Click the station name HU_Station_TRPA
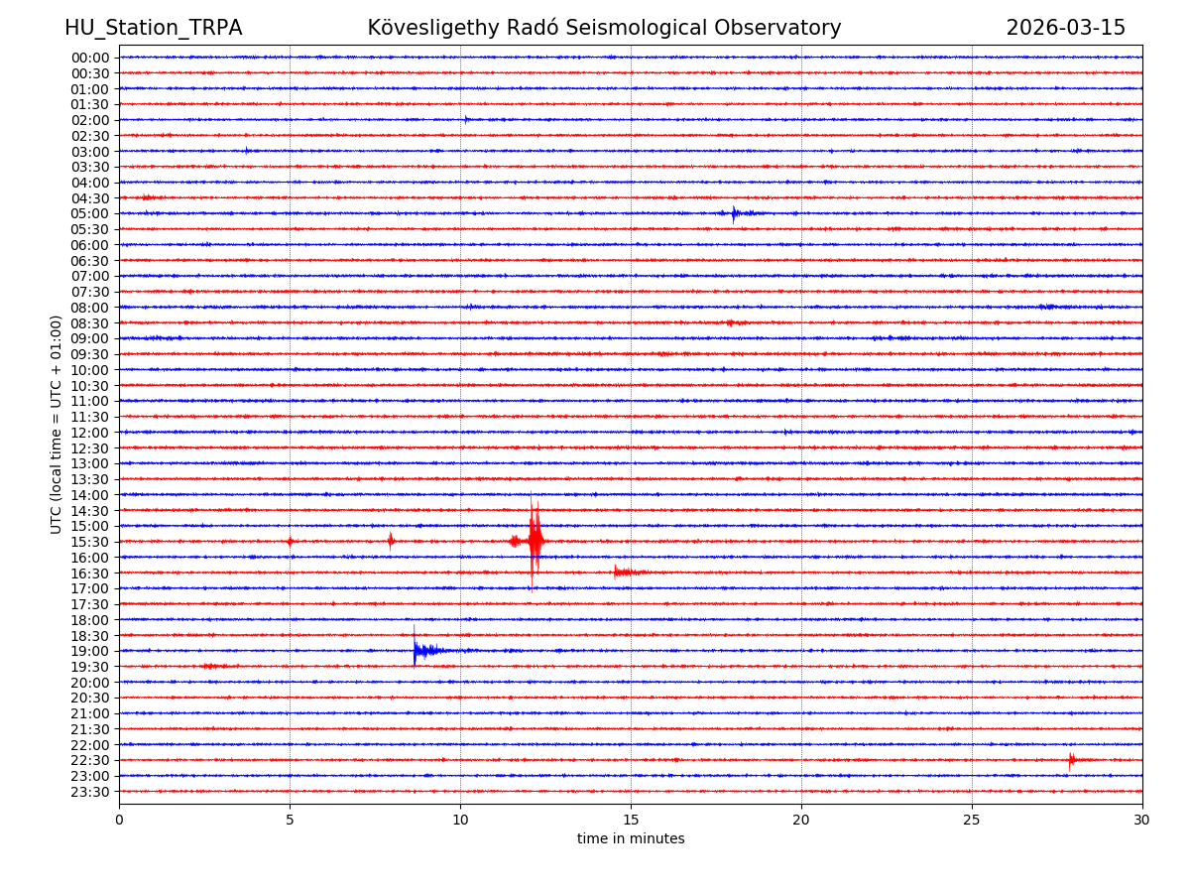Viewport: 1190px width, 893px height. point(153,28)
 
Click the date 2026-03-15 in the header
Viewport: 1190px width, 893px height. point(1065,28)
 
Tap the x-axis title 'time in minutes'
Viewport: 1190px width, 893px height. point(631,838)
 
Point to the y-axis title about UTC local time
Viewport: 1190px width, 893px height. point(57,424)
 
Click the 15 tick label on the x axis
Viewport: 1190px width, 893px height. point(631,820)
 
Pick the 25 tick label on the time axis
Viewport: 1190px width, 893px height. point(972,820)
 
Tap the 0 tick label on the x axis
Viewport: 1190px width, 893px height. point(119,820)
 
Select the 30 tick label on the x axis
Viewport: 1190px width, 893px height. point(1142,820)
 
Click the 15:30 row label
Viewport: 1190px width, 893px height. point(90,542)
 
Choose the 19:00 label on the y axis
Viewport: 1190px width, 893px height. point(90,651)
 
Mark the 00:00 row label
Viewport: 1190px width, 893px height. point(90,58)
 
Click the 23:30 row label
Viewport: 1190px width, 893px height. point(90,792)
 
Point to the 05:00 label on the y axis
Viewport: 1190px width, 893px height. point(90,213)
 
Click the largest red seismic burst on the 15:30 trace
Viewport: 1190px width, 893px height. point(535,541)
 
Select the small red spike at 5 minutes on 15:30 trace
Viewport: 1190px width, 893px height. point(290,541)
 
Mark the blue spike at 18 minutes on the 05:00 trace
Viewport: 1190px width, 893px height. point(734,212)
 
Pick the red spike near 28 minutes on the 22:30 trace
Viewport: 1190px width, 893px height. point(1071,760)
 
